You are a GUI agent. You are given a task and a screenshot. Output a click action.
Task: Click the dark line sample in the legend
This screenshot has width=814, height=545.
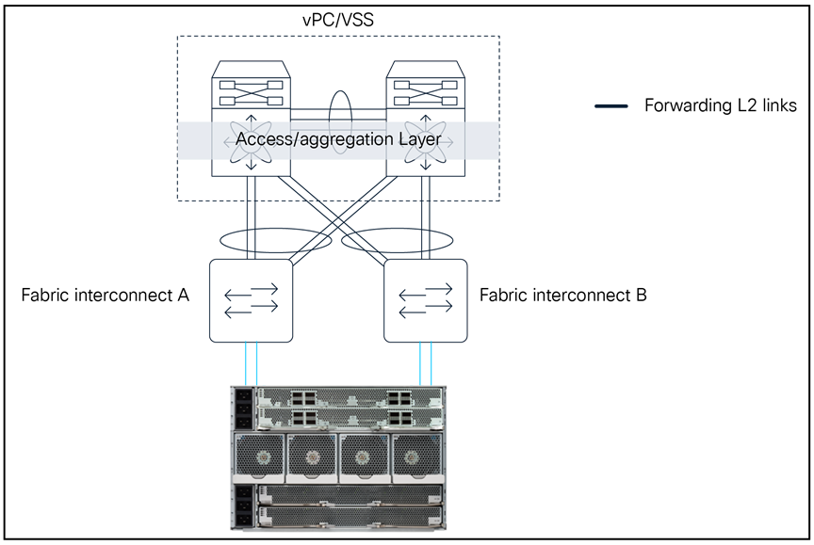tap(611, 106)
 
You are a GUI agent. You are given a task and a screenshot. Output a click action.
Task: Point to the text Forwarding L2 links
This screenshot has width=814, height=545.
tap(720, 105)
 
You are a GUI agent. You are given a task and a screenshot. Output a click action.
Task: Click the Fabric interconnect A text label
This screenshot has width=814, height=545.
tap(106, 296)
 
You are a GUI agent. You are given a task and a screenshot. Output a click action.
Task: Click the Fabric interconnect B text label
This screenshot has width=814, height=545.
tap(563, 296)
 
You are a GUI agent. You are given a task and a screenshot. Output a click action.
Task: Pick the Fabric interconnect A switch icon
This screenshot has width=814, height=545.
tap(251, 300)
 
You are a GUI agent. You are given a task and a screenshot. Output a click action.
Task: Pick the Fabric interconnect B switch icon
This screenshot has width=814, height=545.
tap(425, 300)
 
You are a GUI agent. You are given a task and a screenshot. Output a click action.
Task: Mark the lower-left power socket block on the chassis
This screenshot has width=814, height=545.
tap(242, 505)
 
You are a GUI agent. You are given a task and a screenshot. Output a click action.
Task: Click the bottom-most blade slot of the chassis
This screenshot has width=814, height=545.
tap(349, 518)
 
